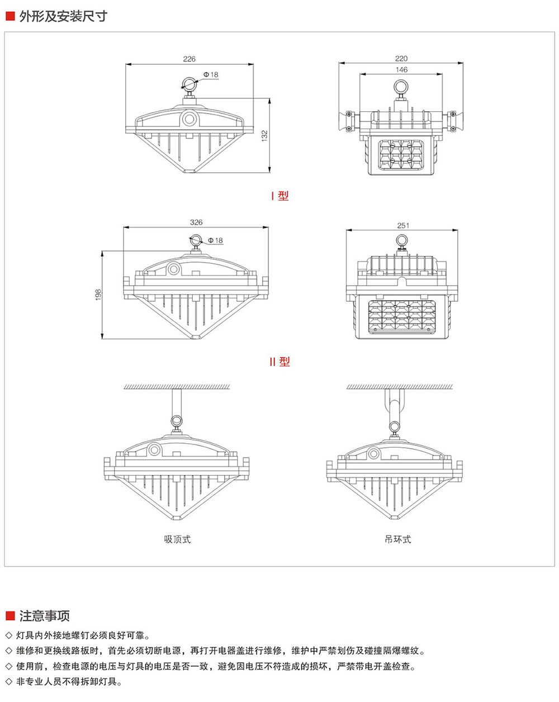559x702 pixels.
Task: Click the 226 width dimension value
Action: coord(190,59)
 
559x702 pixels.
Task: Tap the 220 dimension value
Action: coord(401,58)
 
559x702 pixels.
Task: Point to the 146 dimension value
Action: coord(401,70)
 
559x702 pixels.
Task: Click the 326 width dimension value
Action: coord(196,222)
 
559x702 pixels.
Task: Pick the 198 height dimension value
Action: coord(98,295)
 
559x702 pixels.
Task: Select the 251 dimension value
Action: coord(403,225)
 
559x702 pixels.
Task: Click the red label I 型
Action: coord(279,196)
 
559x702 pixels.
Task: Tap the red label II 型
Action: coord(279,362)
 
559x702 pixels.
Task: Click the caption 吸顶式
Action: coord(177,539)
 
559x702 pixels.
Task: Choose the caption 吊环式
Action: coord(397,539)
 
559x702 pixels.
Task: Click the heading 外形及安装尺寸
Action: coord(63,16)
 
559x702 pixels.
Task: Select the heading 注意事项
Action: coord(45,616)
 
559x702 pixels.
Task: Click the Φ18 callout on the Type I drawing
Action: coord(210,74)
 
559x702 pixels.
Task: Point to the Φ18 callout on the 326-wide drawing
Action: coord(215,240)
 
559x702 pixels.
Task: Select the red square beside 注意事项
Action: coord(10,616)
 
